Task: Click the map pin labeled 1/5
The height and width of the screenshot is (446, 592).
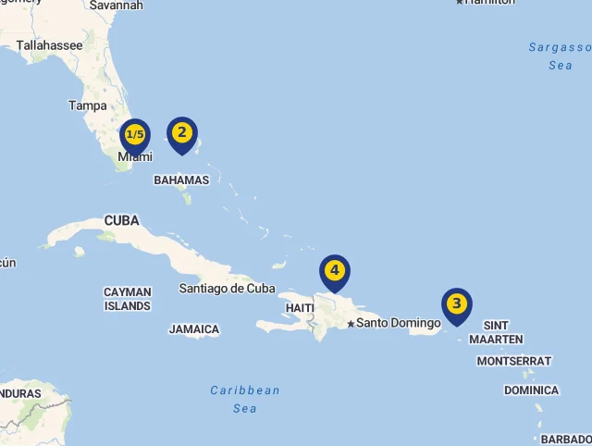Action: click(135, 136)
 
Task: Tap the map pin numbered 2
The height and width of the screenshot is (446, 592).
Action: click(181, 133)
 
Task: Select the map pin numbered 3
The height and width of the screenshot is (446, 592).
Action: click(456, 304)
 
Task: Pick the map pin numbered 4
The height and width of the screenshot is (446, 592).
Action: click(335, 271)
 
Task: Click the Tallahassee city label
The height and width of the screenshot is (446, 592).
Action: click(49, 44)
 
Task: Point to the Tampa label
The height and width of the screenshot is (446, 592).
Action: click(87, 105)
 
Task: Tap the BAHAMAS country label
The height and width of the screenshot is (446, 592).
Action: click(181, 180)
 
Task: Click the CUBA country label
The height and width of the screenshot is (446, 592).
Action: click(121, 220)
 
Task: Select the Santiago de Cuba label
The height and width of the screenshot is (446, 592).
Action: click(227, 288)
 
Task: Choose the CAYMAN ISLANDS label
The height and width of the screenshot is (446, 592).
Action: click(128, 299)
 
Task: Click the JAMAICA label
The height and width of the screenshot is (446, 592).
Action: click(194, 329)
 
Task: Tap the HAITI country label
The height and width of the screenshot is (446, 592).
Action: click(300, 307)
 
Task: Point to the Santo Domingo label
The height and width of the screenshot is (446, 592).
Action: click(399, 323)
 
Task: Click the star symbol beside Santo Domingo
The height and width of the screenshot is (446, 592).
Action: click(351, 324)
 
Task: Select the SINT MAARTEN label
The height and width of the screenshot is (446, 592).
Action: click(496, 332)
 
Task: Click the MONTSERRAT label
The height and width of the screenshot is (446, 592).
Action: click(514, 361)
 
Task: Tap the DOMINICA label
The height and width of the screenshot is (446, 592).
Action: click(531, 390)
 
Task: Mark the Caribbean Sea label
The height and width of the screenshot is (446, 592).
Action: click(245, 399)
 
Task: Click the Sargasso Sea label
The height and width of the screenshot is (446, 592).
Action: click(560, 56)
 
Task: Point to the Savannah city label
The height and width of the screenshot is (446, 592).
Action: click(117, 6)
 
